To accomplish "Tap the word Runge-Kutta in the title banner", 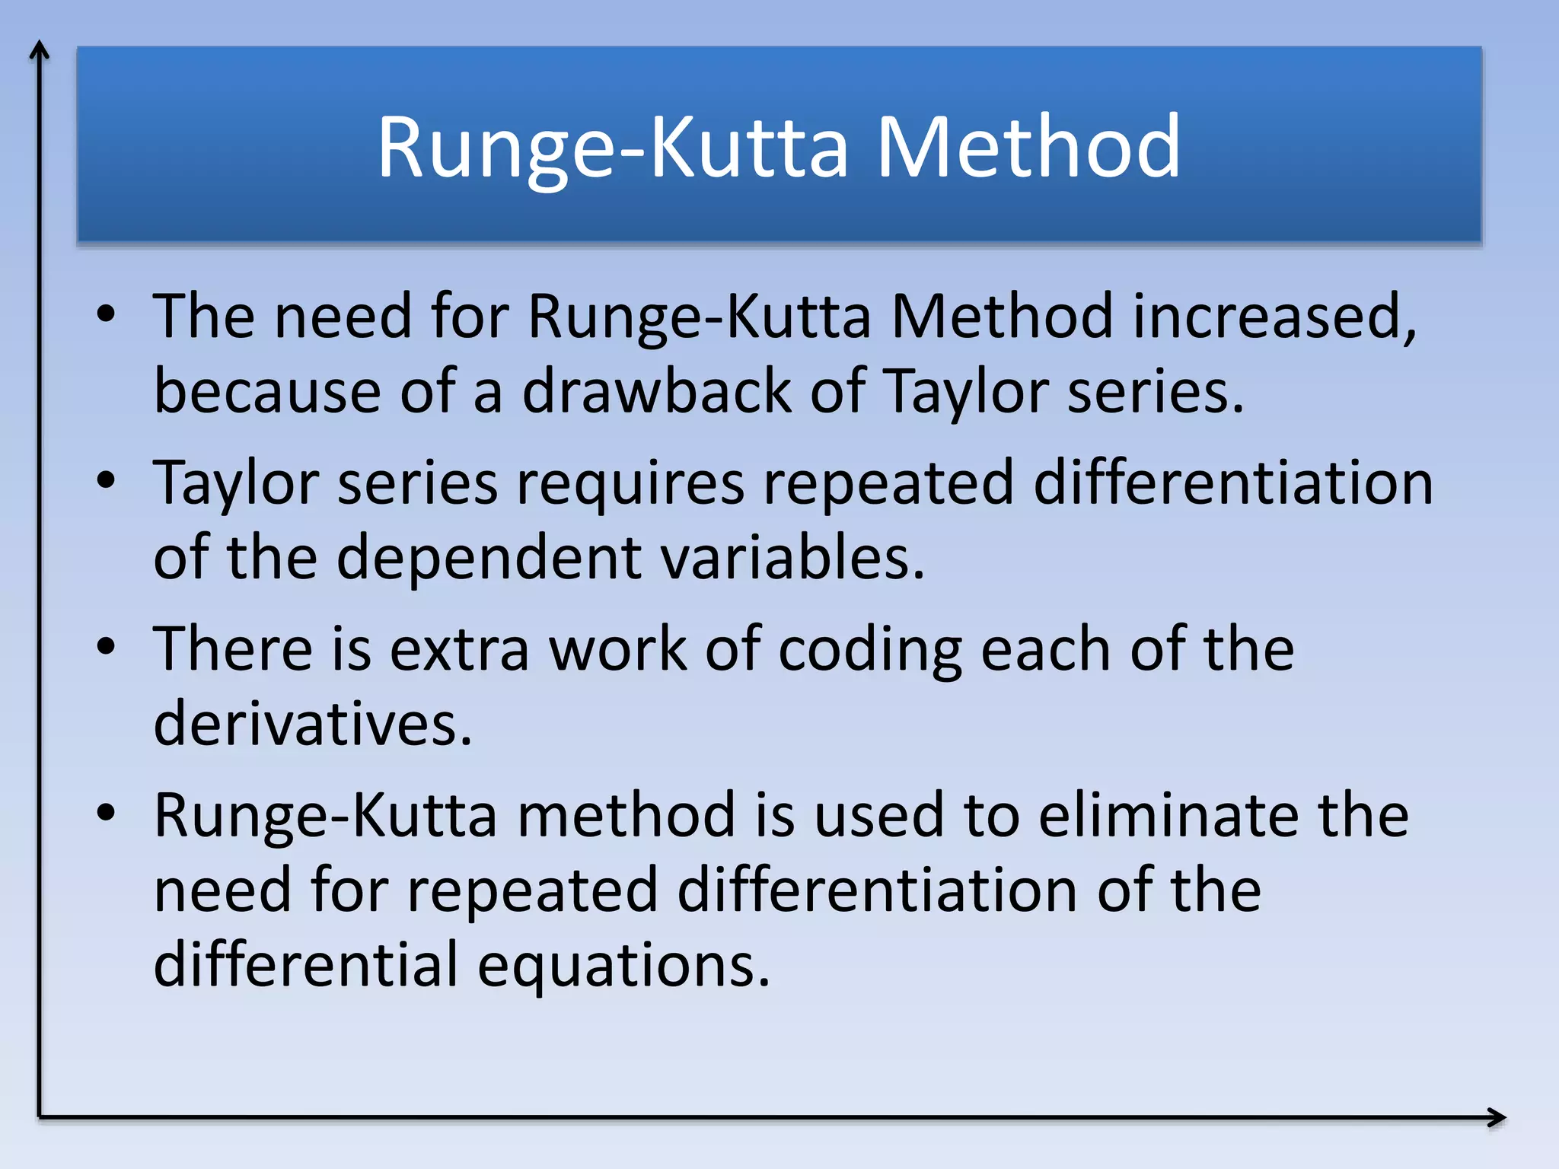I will tap(612, 148).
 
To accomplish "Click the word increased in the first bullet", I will tap(1274, 317).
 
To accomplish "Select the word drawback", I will tap(656, 391).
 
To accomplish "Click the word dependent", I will tap(489, 558).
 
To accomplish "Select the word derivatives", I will tap(312, 724).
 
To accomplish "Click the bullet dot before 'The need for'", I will tap(107, 314).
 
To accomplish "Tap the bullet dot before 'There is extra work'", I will tap(107, 647).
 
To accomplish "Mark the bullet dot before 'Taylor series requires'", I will tap(107, 480).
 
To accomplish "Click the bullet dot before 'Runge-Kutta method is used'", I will tap(107, 813).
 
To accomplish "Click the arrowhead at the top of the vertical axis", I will tap(40, 49).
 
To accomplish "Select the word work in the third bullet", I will tap(617, 650).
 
